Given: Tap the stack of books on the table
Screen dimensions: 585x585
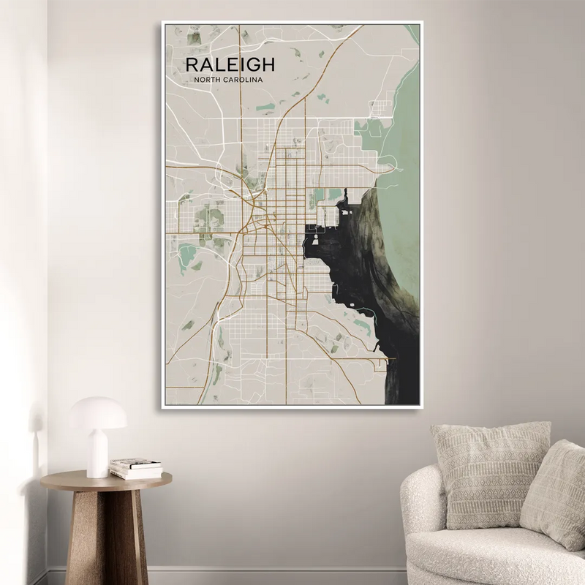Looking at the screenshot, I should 136,468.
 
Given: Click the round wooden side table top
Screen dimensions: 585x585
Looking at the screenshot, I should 106,480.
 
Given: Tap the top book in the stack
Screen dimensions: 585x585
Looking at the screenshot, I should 136,463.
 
